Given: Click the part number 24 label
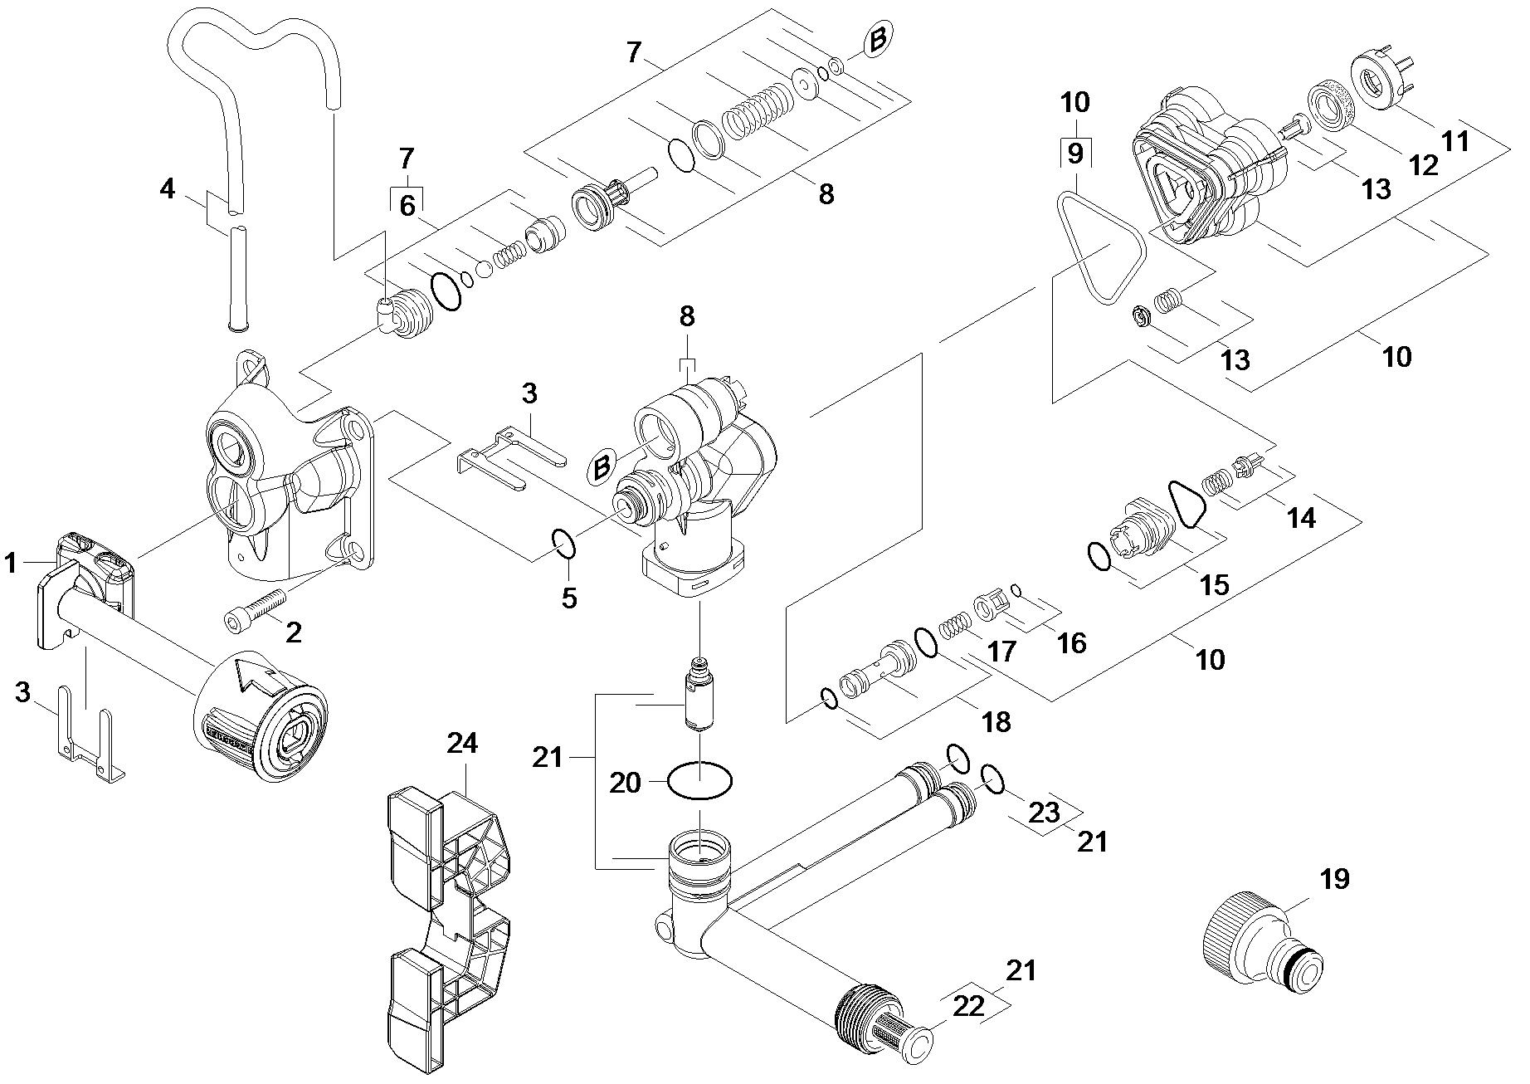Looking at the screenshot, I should [462, 743].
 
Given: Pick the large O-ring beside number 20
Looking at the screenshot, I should [700, 782].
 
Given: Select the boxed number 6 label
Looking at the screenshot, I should [407, 205].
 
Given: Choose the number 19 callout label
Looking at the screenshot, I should [1334, 880].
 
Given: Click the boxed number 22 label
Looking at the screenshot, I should [969, 1005].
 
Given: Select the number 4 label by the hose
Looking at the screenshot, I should [168, 189].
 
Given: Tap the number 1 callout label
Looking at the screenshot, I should [11, 564].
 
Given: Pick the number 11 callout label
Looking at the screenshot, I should [1454, 141].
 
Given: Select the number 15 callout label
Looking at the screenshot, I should [1214, 584].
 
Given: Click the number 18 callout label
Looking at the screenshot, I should [996, 721].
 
